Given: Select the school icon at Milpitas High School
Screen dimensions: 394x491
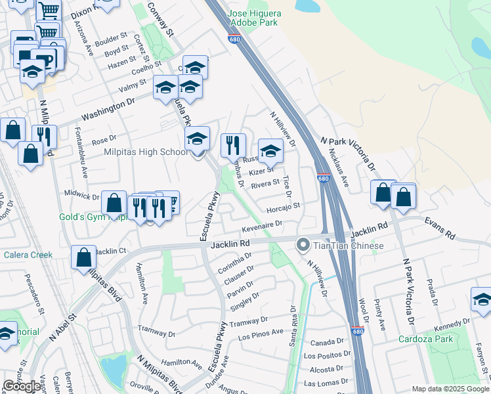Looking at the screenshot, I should coord(197,139).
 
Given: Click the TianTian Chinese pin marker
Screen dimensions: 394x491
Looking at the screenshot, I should coord(303,246).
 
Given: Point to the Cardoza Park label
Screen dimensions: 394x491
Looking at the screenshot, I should coord(425,339).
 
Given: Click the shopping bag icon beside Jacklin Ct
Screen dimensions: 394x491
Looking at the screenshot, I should coord(85,258).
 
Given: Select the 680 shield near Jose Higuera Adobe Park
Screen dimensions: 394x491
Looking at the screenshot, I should coord(234,39).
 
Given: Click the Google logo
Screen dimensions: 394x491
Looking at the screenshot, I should coord(22,386).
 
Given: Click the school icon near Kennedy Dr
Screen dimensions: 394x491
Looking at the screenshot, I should coord(482,300).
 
